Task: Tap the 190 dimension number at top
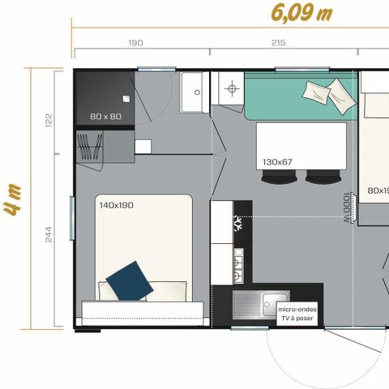click(135, 43)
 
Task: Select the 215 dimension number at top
click(278, 43)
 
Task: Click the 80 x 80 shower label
click(105, 117)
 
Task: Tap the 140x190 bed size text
click(116, 205)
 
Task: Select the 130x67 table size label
click(277, 162)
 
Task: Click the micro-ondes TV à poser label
click(297, 314)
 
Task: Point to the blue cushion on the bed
click(130, 279)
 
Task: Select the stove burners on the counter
click(240, 261)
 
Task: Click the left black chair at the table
click(278, 177)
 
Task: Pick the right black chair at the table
click(323, 177)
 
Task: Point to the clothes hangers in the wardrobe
click(89, 146)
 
